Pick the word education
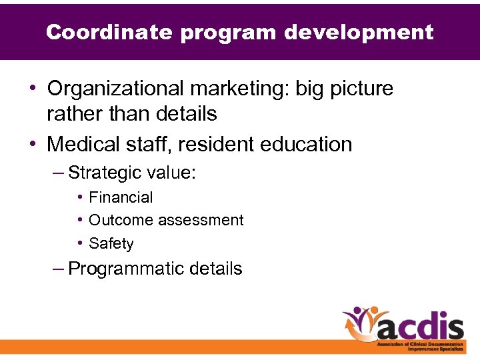pos(310,144)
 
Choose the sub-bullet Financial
pos(121,197)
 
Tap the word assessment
pos(201,220)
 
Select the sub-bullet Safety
pos(111,243)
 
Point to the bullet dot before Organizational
pos(33,89)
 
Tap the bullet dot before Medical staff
pos(33,144)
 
